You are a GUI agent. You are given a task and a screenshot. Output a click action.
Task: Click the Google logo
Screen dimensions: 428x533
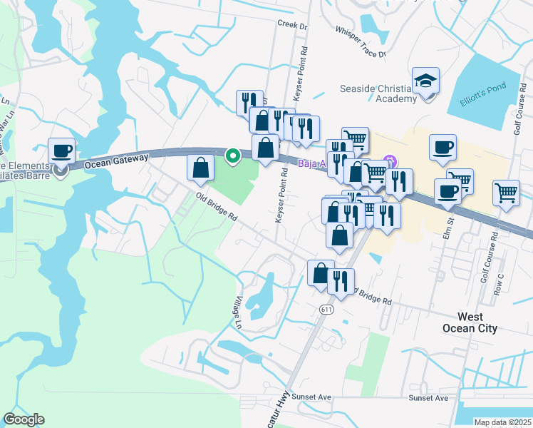24,419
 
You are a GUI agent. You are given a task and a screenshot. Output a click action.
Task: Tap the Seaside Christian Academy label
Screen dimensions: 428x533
377,93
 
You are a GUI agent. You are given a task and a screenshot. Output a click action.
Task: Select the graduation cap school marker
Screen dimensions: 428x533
425,81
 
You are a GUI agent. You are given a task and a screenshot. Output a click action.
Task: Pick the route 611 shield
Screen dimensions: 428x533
326,309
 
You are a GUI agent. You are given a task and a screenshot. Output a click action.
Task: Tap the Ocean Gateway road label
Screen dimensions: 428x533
116,161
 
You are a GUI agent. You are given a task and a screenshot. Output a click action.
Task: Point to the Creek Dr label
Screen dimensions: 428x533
292,26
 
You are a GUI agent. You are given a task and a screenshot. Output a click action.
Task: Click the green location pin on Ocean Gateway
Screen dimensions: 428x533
232,155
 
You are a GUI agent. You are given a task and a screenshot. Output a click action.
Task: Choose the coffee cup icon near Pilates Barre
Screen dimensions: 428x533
61,151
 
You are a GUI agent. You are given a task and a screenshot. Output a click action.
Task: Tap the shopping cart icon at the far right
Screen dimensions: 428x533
506,192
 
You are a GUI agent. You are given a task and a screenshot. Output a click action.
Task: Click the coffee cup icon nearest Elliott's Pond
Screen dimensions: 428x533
443,148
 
